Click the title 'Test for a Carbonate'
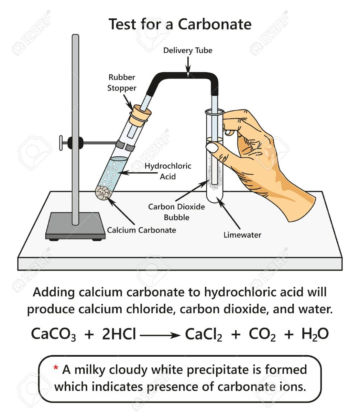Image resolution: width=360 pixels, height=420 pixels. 180,24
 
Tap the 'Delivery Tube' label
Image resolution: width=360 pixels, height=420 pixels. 188,50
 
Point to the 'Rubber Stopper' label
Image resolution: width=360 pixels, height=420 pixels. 122,83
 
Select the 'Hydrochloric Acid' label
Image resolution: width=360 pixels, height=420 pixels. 168,171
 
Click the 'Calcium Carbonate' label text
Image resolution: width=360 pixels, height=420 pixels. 142,230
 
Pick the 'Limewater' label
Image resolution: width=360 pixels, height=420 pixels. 242,235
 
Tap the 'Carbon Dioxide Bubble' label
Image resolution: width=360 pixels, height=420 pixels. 176,212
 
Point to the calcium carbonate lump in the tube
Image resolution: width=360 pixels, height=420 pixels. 104,193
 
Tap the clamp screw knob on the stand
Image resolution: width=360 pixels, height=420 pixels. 61,142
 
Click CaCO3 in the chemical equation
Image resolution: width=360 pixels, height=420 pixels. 53,334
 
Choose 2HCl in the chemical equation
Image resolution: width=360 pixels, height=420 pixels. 119,334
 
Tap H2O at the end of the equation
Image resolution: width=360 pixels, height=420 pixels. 315,334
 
